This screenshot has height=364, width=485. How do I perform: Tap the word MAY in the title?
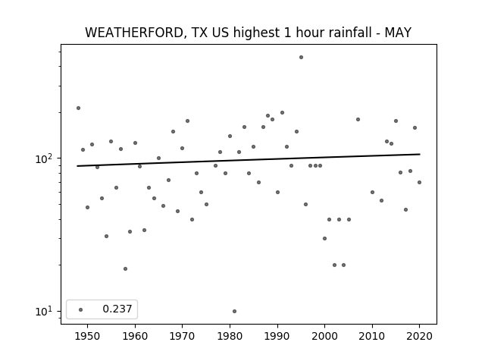398,33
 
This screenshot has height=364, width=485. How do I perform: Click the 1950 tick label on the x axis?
88,336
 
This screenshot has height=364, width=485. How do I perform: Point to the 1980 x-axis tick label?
230,336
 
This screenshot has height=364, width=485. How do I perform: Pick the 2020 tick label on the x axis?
419,336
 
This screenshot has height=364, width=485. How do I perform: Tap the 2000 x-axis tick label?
324,336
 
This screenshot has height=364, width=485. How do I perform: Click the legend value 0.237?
117,309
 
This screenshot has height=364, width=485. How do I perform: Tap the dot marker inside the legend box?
81,309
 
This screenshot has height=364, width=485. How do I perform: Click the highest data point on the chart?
302,58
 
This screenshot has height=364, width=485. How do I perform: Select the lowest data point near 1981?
234,311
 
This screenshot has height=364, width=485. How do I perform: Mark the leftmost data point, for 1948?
78,108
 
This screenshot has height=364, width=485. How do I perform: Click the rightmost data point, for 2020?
419,182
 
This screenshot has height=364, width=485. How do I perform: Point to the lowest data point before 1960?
125,268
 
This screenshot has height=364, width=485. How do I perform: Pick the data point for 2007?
358,120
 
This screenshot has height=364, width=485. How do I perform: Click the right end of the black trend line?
420,154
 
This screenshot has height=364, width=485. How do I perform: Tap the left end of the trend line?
77,166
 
